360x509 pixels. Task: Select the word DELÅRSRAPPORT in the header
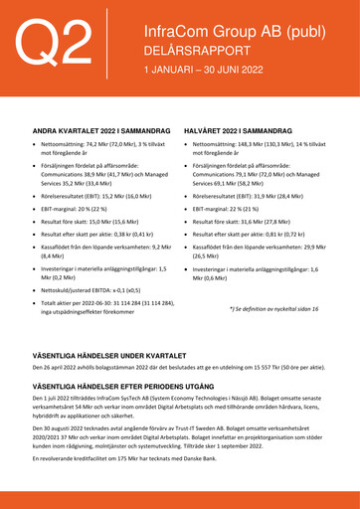[191, 52]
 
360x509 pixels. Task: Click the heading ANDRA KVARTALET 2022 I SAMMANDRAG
[96, 130]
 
